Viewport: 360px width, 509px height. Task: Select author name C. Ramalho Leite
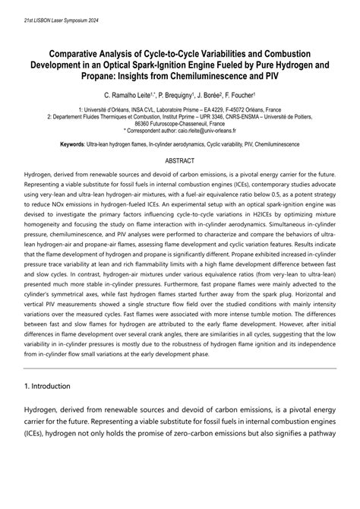(x=131, y=96)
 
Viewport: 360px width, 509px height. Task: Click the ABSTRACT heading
(x=180, y=161)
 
